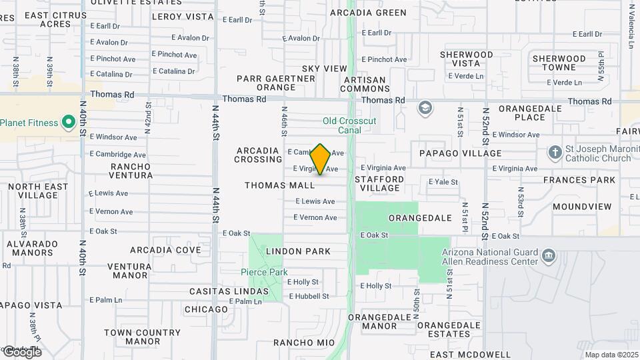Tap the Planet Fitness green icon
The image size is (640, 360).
click(x=68, y=123)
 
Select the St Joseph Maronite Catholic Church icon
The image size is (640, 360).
click(x=555, y=153)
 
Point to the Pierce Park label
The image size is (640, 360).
click(x=264, y=272)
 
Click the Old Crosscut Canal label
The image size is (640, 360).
click(x=349, y=125)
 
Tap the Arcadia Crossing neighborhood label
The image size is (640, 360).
click(x=259, y=155)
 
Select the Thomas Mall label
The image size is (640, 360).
click(x=279, y=185)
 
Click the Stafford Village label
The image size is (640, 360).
click(x=379, y=183)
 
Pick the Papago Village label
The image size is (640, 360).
click(x=460, y=153)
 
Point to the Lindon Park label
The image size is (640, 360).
click(x=298, y=251)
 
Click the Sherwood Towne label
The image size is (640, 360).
click(x=559, y=63)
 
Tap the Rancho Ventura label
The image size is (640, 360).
click(x=131, y=171)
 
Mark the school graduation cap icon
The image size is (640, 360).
click(x=425, y=108)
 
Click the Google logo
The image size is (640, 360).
click(x=22, y=352)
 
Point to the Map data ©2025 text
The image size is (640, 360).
click(x=611, y=355)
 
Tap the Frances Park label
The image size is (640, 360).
click(x=579, y=180)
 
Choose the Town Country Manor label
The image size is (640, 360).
click(x=142, y=337)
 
